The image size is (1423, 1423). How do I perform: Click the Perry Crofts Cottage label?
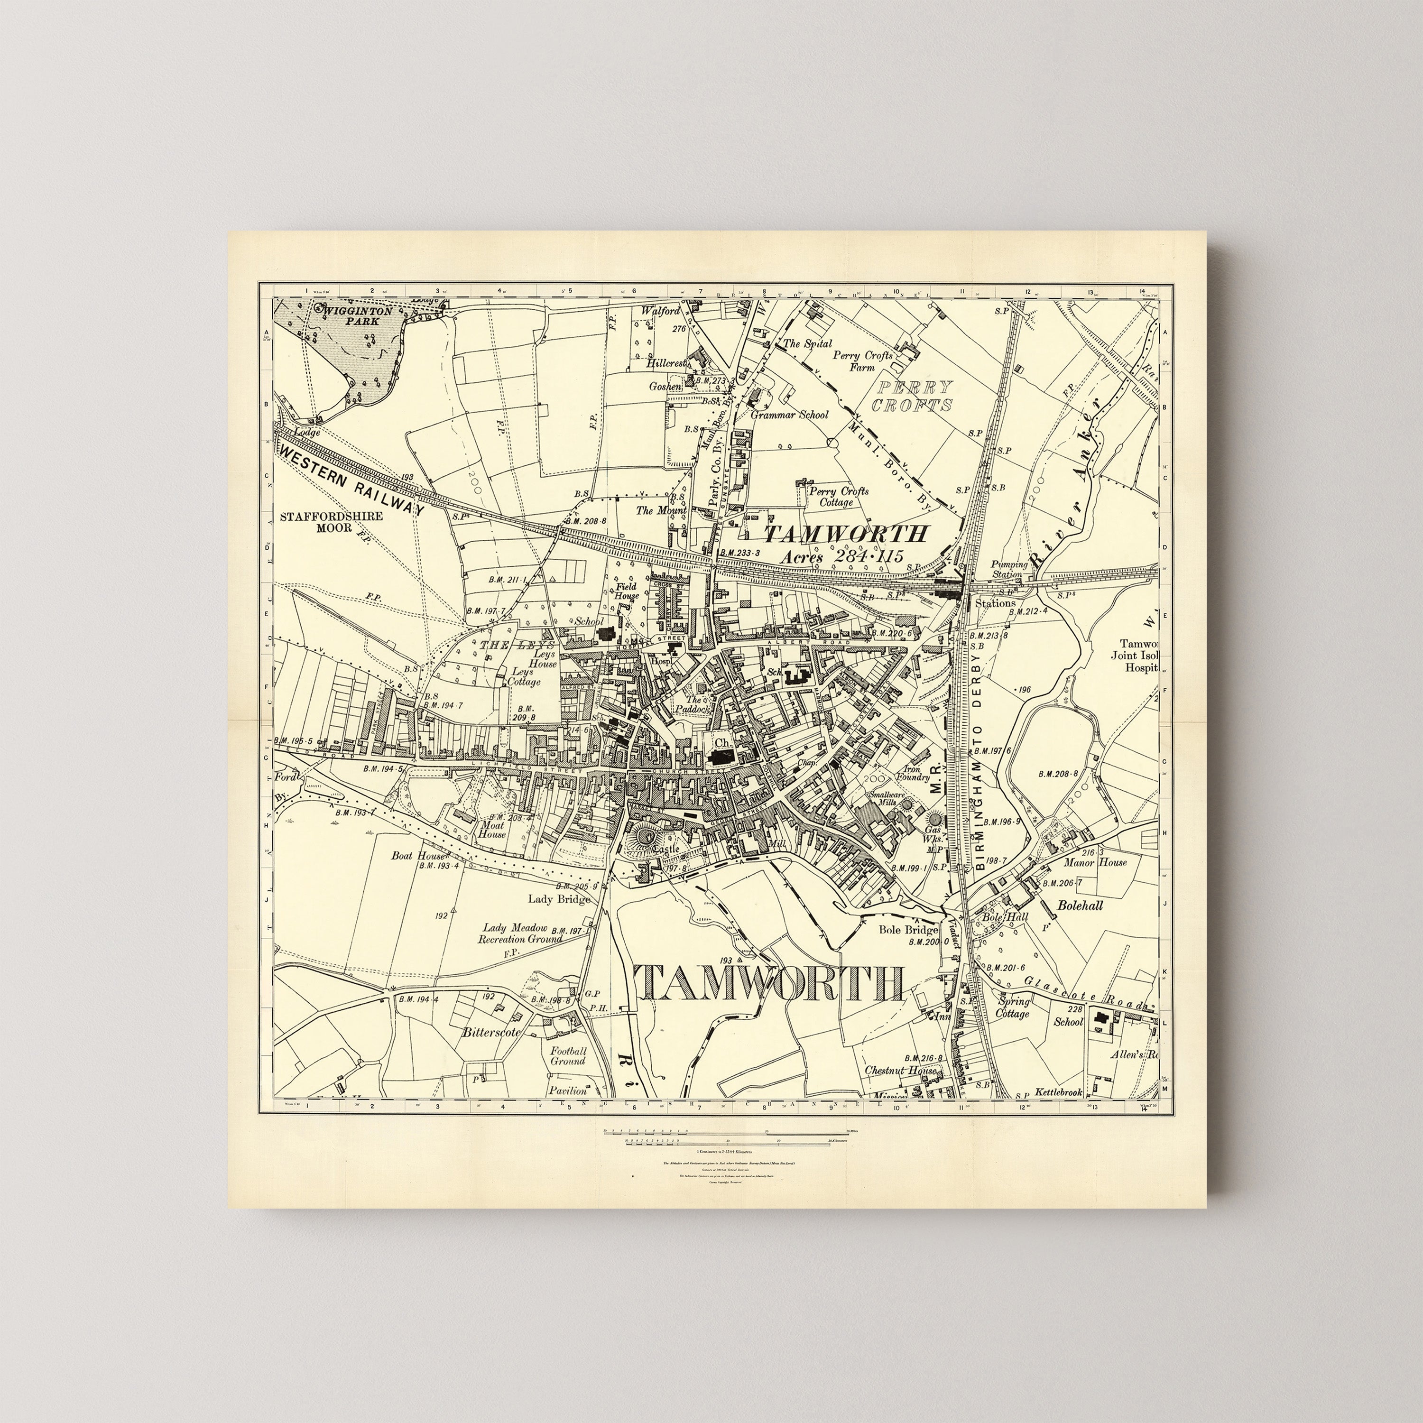pyautogui.click(x=838, y=497)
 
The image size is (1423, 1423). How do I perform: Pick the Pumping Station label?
pyautogui.click(x=1008, y=569)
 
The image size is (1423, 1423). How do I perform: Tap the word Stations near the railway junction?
pyautogui.click(x=995, y=602)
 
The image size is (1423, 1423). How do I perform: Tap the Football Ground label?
pyautogui.click(x=568, y=1056)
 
